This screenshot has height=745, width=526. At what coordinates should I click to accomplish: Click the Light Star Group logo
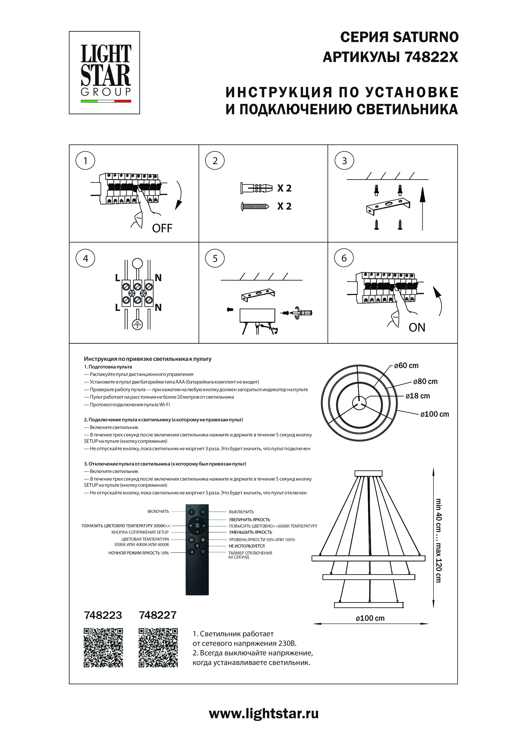(x=104, y=73)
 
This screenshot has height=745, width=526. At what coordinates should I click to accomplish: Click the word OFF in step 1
(x=162, y=229)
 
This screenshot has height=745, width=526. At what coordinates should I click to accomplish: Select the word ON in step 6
(x=417, y=327)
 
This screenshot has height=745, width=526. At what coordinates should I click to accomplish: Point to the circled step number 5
(x=215, y=259)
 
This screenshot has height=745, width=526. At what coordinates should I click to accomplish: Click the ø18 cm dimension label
(x=418, y=396)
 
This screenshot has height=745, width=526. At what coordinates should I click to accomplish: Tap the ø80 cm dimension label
(x=425, y=382)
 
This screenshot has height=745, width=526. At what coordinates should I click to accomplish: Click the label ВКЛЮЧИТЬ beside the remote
(x=158, y=512)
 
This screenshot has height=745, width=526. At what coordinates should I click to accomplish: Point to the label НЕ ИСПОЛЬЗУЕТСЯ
(x=247, y=546)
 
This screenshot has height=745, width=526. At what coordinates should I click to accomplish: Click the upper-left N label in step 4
(x=158, y=278)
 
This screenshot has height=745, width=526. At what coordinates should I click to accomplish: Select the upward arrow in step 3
(x=422, y=208)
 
